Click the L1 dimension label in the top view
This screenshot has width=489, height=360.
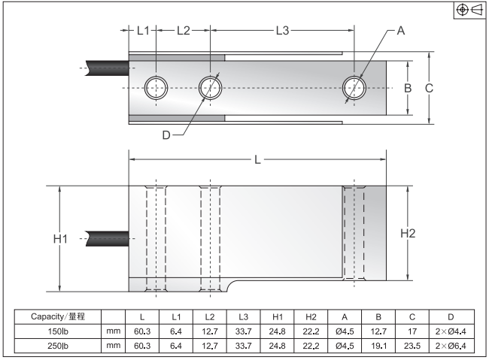pyautogui.click(x=144, y=31)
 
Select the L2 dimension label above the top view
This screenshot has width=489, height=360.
pyautogui.click(x=183, y=31)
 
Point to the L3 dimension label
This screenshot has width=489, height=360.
pyautogui.click(x=282, y=31)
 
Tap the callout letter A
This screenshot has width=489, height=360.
pyautogui.click(x=400, y=31)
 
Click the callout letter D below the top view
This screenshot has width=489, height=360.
pyautogui.click(x=167, y=135)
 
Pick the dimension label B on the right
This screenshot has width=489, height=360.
pyautogui.click(x=408, y=88)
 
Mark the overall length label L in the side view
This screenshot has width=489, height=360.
pyautogui.click(x=257, y=159)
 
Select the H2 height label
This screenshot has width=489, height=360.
pyautogui.click(x=408, y=233)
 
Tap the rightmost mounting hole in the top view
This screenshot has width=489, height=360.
pyautogui.click(x=354, y=87)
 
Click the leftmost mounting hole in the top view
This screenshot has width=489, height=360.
pyautogui.click(x=156, y=87)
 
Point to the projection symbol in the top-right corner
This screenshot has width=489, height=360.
pyautogui.click(x=470, y=10)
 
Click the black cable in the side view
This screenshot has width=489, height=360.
pyautogui.click(x=108, y=237)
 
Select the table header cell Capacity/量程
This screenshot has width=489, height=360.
pyautogui.click(x=56, y=316)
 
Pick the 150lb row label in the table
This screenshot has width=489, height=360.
pyautogui.click(x=56, y=331)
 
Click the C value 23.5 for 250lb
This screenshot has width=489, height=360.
pyautogui.click(x=412, y=345)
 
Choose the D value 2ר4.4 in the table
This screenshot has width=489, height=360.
pyautogui.click(x=450, y=331)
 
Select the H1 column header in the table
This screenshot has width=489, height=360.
pyautogui.click(x=278, y=316)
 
